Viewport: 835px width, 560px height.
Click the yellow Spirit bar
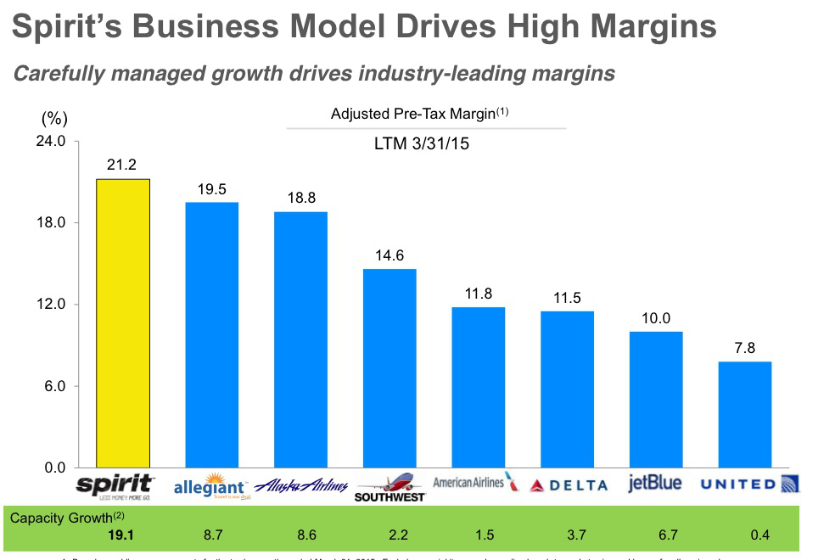coord(123,322)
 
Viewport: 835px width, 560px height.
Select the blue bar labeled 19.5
coord(212,334)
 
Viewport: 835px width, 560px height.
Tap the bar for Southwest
coord(389,367)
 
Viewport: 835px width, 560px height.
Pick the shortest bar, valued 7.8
coord(745,414)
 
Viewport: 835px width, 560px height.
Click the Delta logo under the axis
coord(568,485)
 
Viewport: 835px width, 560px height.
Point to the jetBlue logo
coord(654,484)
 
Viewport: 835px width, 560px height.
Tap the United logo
coord(749,484)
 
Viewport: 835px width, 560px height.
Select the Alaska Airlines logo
coord(301,486)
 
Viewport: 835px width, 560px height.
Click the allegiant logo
coord(210,488)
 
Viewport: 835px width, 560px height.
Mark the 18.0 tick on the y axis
coord(49,223)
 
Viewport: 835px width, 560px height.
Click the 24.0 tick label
coord(49,141)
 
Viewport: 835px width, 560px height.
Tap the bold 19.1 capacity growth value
coord(122,536)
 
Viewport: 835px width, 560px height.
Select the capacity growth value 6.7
coord(656,536)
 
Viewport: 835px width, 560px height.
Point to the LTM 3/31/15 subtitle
coord(422,144)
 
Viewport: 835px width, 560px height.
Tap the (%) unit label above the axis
coord(53,118)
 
